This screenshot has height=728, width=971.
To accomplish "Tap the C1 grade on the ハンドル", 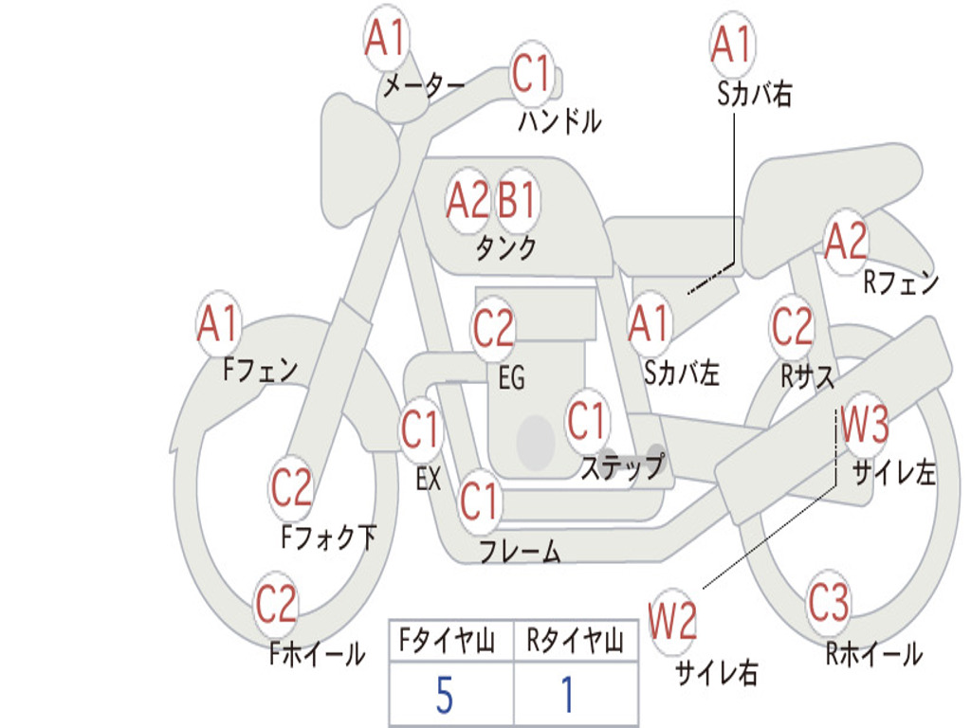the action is point(531,74).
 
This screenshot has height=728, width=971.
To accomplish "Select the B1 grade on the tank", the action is point(517,199).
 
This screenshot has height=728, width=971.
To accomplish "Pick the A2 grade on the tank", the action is point(467,200).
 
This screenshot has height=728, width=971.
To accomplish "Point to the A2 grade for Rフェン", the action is point(847,241).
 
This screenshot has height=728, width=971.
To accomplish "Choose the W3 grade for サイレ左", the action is point(864,424).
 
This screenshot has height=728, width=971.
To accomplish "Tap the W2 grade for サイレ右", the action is point(672,620).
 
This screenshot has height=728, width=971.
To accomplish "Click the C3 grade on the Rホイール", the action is point(828,602).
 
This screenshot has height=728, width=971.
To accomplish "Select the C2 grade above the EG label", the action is point(493,327).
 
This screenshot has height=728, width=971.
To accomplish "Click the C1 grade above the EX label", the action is point(421,429).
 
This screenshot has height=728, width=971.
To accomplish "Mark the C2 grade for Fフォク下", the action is point(291,486).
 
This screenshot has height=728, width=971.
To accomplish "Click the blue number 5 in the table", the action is point(445,695).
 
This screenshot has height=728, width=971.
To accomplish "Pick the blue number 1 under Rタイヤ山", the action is point(567,695).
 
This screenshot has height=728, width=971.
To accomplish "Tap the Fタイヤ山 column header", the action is point(448,641).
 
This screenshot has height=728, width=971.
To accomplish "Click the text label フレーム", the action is point(521,551).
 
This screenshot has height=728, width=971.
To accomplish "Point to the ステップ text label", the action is point(623,466).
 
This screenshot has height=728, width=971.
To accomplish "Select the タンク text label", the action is point(505,247).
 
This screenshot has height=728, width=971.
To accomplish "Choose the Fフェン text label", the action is point(260,371).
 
